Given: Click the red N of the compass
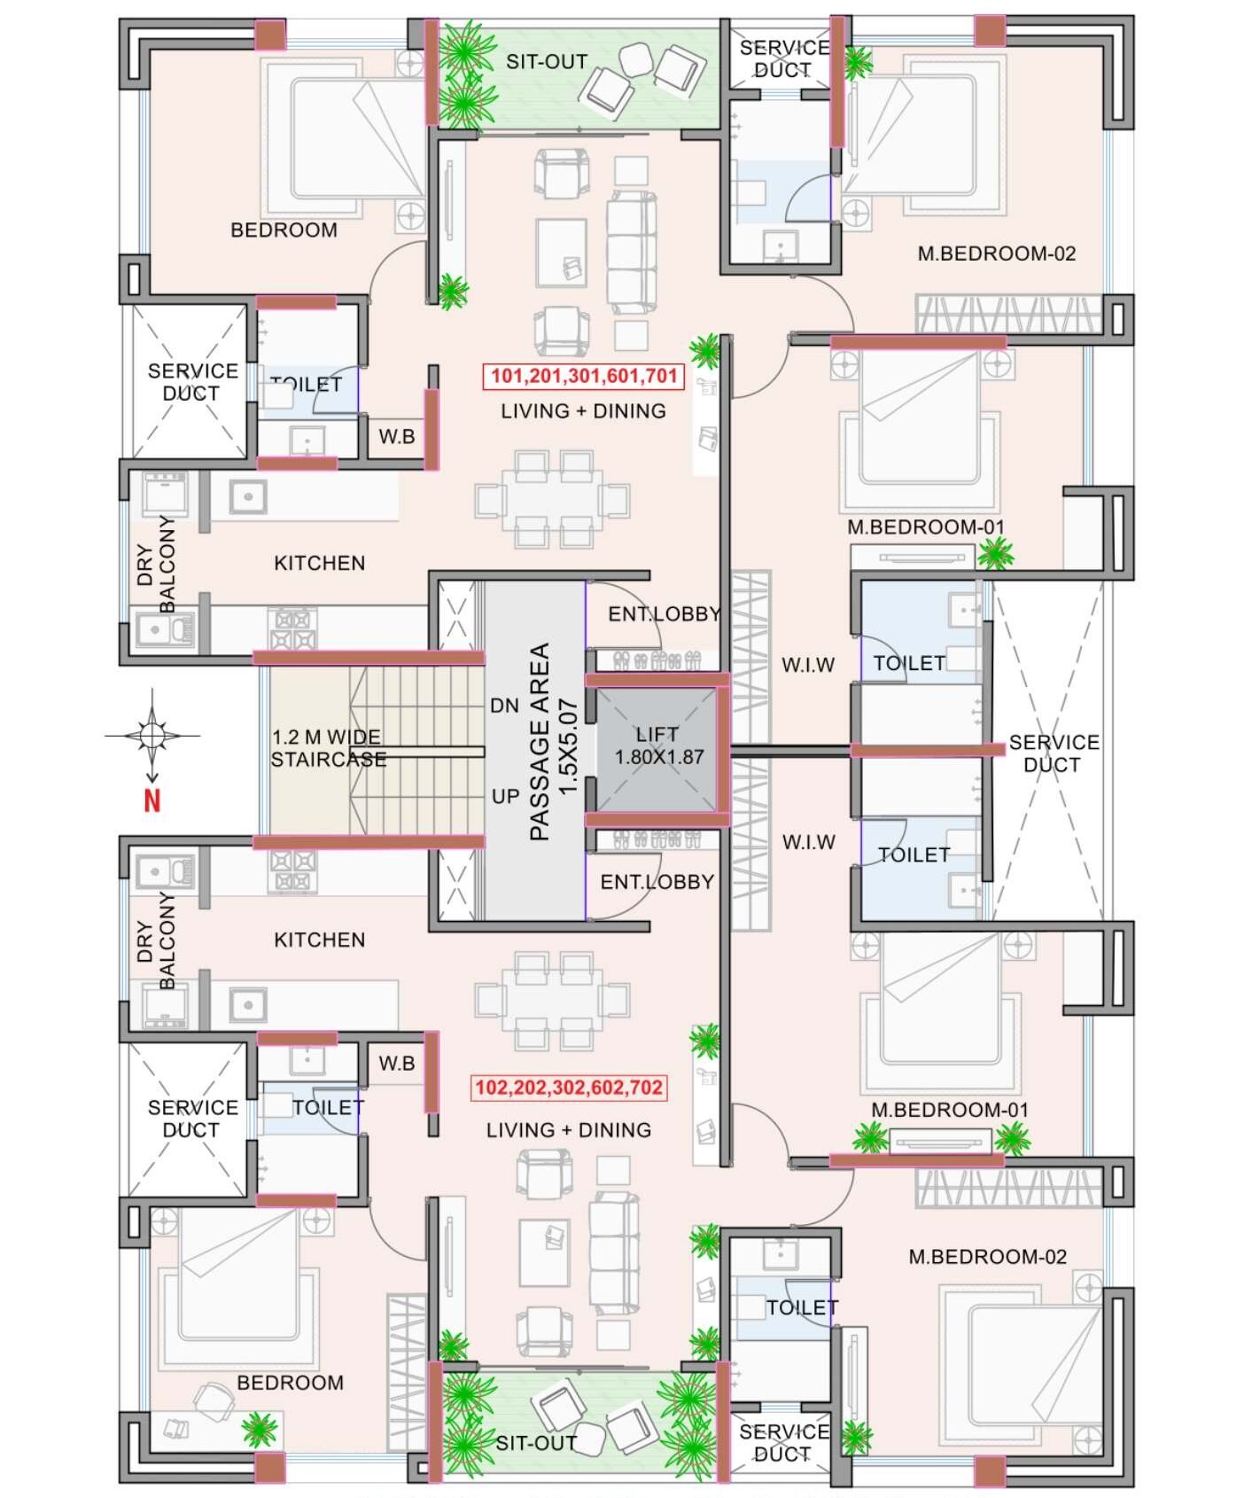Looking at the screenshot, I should tap(152, 801).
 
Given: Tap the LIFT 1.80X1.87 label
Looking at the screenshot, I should tap(658, 746).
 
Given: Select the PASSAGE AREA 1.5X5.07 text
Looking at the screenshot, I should tap(552, 741).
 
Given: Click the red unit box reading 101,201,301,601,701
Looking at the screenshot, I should tap(584, 376).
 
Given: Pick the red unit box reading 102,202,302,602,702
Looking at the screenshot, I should tap(569, 1088).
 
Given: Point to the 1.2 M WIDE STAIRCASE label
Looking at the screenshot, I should tap(328, 748).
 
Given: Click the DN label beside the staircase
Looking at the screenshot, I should tap(504, 706).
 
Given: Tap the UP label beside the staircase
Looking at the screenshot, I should tap(505, 796).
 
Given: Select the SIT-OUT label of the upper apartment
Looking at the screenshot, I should tap(547, 62).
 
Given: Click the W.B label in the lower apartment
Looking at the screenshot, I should tap(396, 1063).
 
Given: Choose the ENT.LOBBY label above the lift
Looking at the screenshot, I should tap(663, 614).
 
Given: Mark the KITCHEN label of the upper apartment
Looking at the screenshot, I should tap(319, 563).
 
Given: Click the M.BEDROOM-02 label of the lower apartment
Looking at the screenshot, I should tap(987, 1257).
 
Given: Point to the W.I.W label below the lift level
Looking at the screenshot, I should tap(808, 842).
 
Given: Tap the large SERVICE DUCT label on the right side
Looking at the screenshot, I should tap(1054, 753).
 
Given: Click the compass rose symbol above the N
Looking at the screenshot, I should tap(152, 735).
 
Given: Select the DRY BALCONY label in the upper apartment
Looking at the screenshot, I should tap(156, 564).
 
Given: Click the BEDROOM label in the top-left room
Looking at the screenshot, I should tap(284, 230).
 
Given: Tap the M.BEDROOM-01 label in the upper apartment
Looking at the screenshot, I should tap(926, 527).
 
